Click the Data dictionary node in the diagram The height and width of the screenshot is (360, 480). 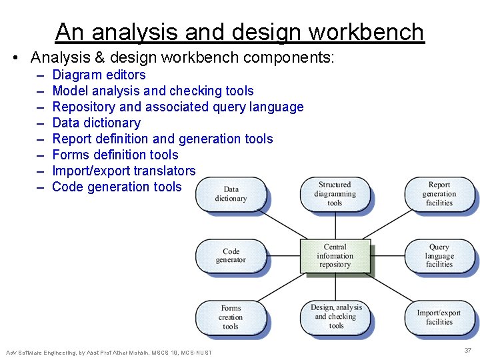click(231, 194)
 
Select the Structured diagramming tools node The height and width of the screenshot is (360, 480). click(335, 194)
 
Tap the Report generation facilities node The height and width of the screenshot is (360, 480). click(439, 194)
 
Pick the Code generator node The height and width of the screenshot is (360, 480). click(231, 256)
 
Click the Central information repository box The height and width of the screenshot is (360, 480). click(335, 256)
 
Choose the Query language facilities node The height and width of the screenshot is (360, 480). click(439, 256)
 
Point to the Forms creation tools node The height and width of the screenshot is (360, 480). click(231, 317)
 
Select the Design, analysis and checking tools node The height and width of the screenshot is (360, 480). click(336, 317)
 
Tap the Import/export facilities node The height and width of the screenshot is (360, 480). click(439, 317)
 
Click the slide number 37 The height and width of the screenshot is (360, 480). click(467, 351)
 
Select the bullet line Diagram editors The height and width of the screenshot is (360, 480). click(99, 75)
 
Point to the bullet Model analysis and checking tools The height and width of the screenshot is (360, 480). click(153, 91)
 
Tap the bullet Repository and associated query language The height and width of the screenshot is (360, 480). click(177, 107)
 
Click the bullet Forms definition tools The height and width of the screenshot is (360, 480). click(115, 155)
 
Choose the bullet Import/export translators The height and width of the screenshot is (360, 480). click(123, 171)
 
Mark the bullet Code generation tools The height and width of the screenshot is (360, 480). click(116, 187)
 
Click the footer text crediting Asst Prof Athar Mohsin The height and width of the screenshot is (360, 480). click(109, 352)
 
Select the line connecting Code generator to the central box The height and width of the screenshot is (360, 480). click(283, 256)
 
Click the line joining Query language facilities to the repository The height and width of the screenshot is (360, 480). click(387, 256)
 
